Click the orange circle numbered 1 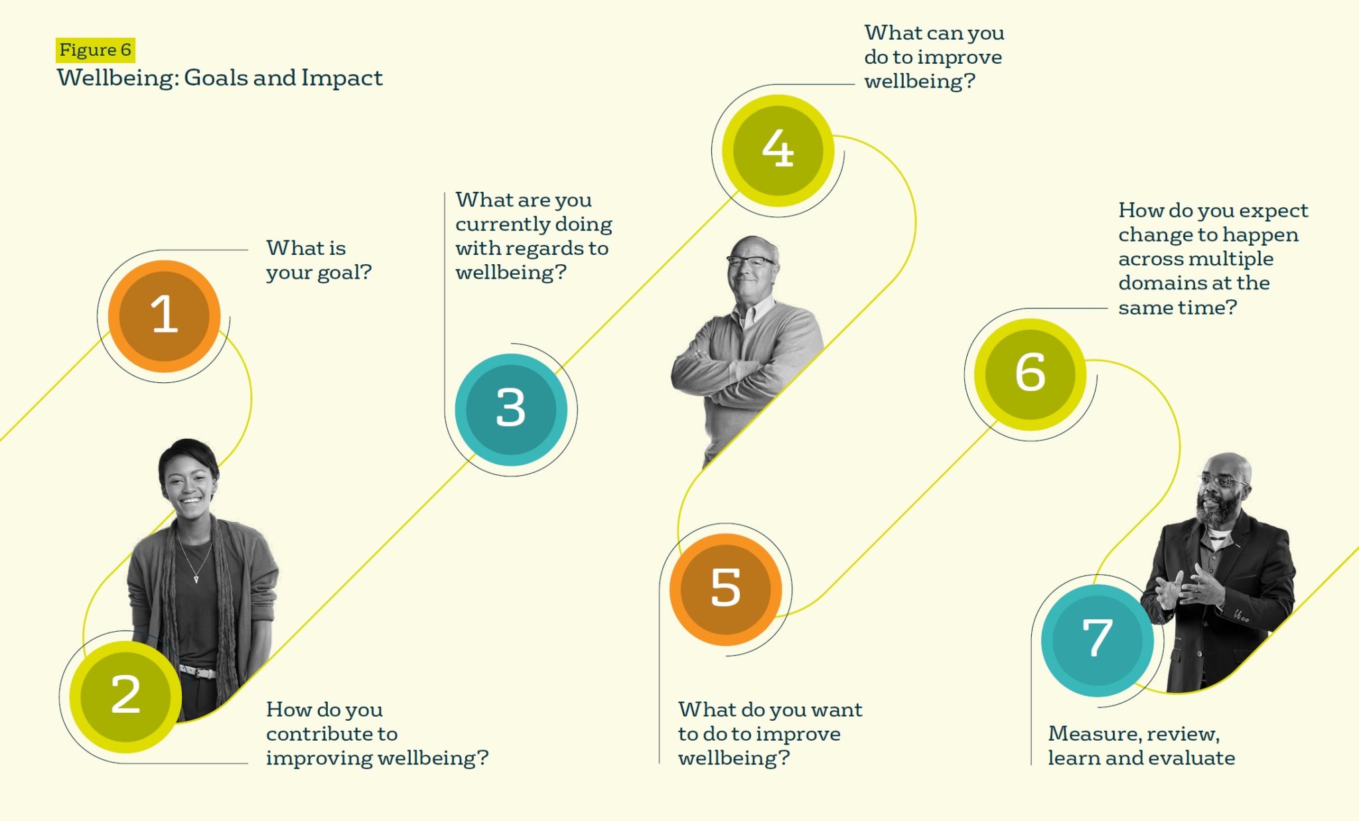(x=164, y=316)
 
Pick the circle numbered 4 (x=778, y=150)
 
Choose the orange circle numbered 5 (x=725, y=589)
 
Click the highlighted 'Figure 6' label (x=96, y=50)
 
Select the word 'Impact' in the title (x=342, y=78)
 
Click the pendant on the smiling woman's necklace (x=196, y=579)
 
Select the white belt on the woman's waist (x=198, y=672)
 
